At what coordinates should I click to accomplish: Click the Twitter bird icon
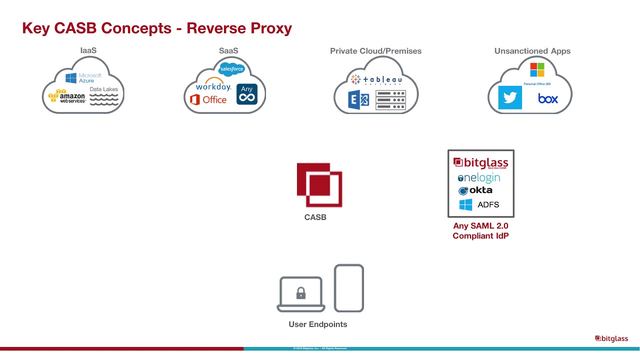click(510, 97)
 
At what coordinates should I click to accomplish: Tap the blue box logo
click(548, 98)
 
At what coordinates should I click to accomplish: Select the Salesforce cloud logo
click(231, 68)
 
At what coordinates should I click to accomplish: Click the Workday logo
click(213, 85)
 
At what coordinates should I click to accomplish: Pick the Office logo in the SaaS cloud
click(208, 99)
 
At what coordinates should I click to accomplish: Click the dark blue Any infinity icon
click(247, 94)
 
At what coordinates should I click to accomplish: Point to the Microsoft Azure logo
click(83, 77)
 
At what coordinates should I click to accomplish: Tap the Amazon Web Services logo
click(67, 96)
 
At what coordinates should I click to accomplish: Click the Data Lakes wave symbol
click(104, 99)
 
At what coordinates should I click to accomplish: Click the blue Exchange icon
click(358, 99)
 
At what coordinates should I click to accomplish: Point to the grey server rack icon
click(390, 100)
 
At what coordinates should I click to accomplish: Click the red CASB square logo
click(319, 184)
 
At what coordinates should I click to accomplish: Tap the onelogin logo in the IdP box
click(479, 177)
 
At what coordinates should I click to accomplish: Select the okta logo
click(475, 190)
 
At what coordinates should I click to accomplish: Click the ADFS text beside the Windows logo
click(488, 204)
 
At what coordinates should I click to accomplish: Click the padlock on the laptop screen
click(300, 293)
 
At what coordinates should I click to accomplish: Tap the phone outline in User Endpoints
click(348, 288)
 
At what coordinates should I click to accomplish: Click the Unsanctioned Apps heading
click(532, 51)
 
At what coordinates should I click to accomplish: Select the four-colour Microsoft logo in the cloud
click(537, 69)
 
